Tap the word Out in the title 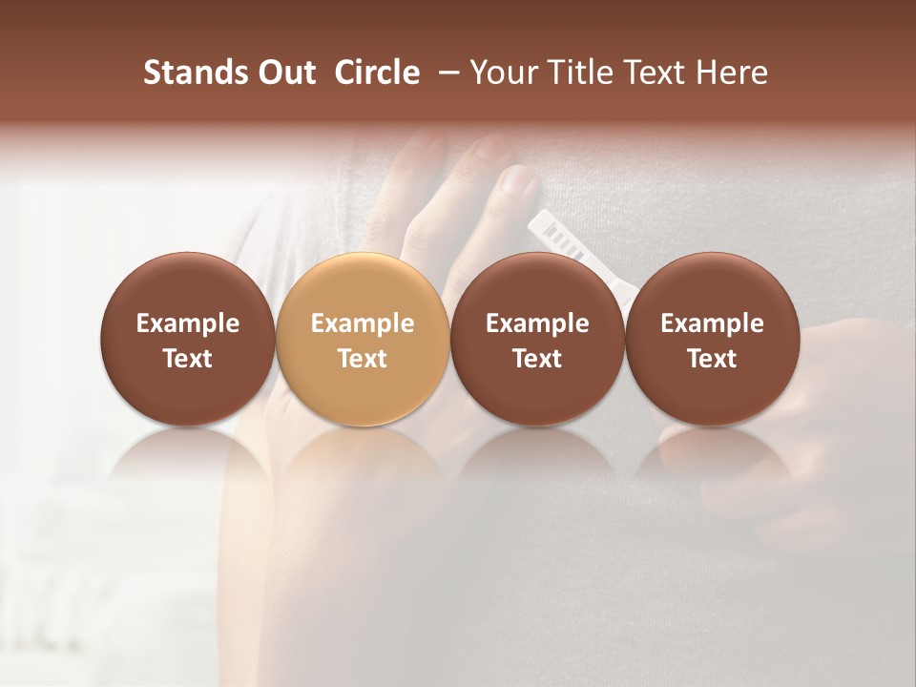click(x=284, y=73)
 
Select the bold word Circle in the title click(x=377, y=73)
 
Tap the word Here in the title click(x=732, y=73)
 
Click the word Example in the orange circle click(x=363, y=323)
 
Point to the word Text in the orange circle click(x=363, y=358)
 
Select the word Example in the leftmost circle click(x=188, y=323)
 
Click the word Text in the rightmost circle click(x=712, y=358)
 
